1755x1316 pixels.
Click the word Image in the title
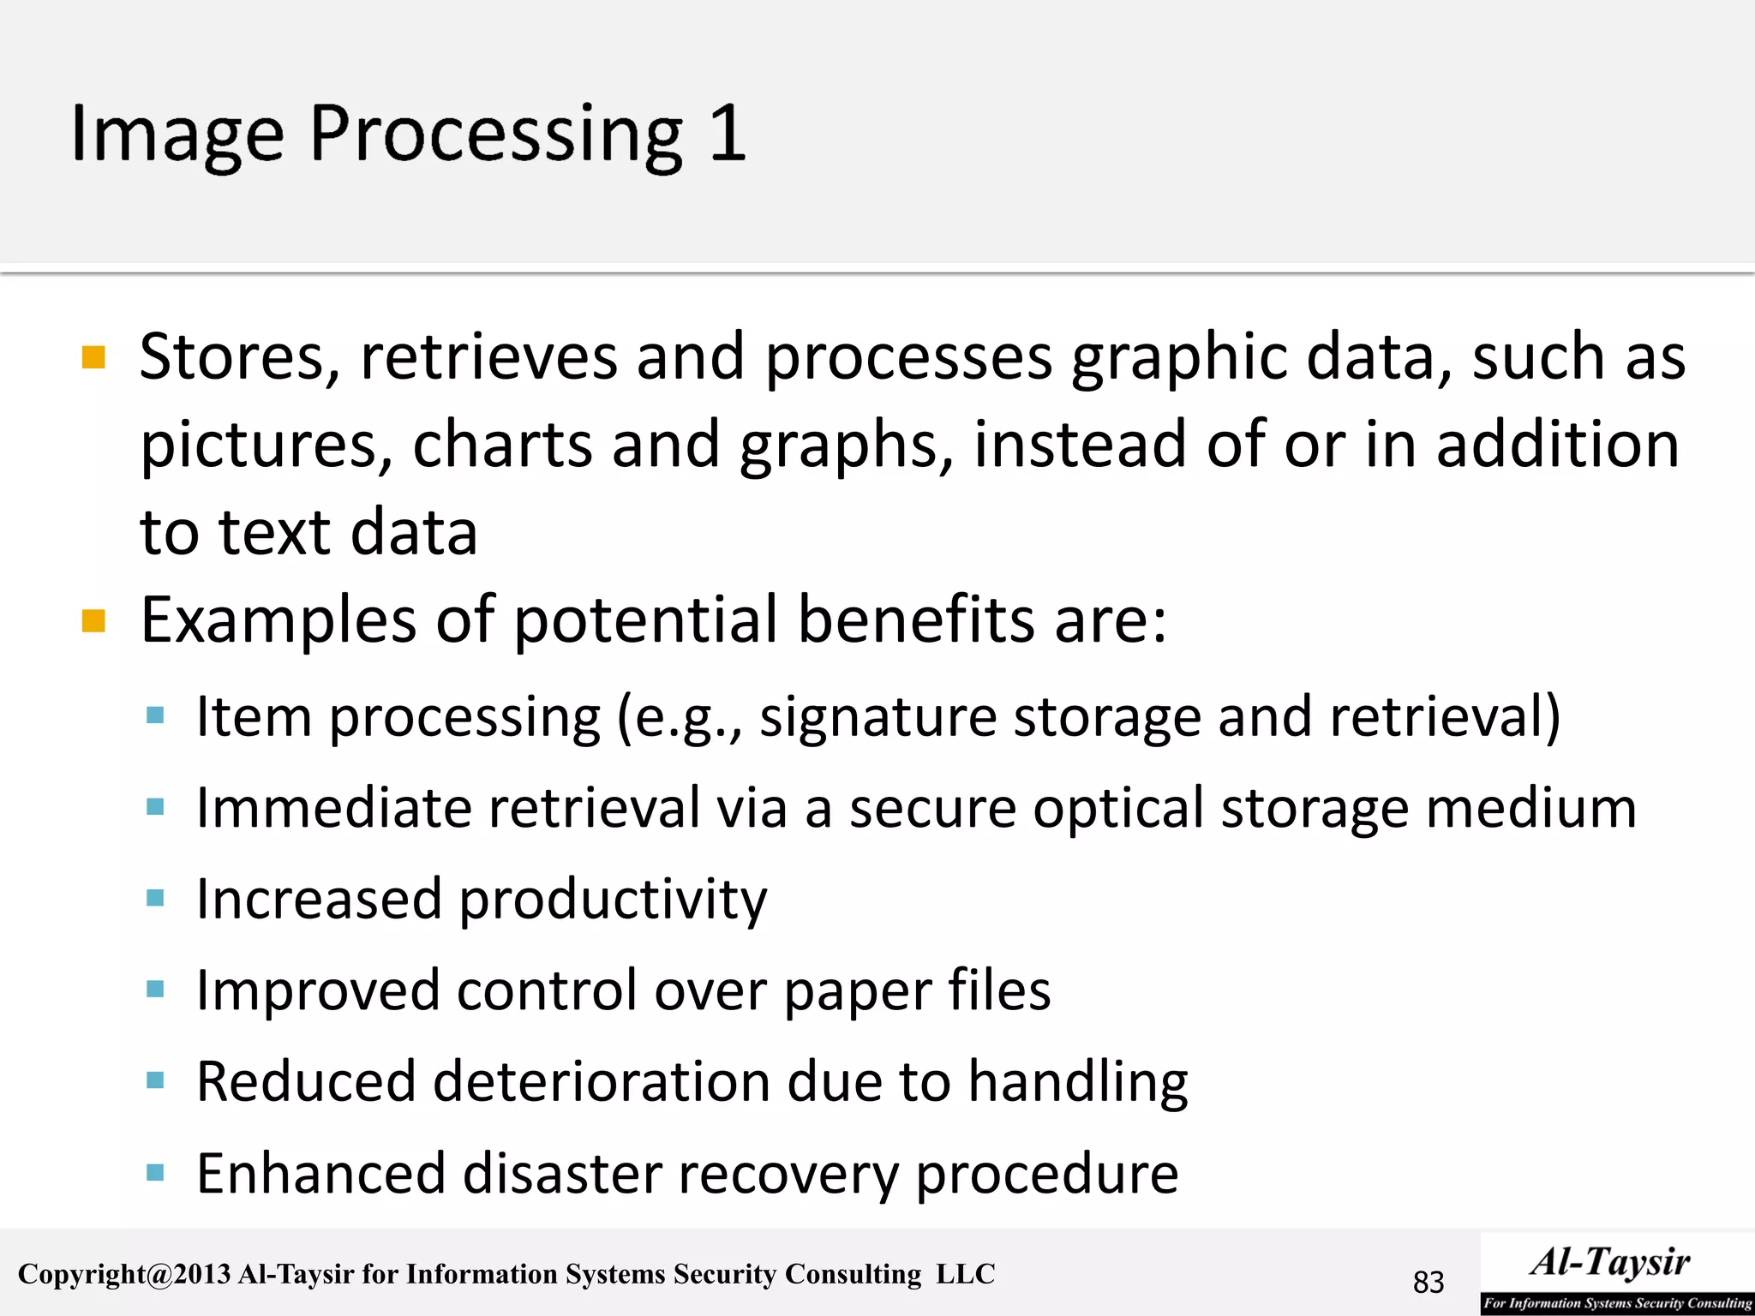click(177, 135)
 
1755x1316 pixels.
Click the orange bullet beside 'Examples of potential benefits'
click(93, 620)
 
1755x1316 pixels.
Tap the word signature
click(877, 716)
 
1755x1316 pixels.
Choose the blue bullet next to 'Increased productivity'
click(155, 898)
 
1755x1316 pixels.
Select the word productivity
click(613, 900)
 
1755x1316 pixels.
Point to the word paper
click(857, 992)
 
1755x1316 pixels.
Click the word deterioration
click(601, 1081)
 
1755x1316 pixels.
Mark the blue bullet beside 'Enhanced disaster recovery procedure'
click(155, 1172)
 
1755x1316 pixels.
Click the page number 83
click(1429, 1282)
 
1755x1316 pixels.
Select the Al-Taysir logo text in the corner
click(1611, 1263)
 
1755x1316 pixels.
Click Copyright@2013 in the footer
click(124, 1274)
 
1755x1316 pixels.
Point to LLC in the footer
click(965, 1274)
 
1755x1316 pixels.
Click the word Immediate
click(333, 808)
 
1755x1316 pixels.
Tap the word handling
click(1078, 1082)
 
